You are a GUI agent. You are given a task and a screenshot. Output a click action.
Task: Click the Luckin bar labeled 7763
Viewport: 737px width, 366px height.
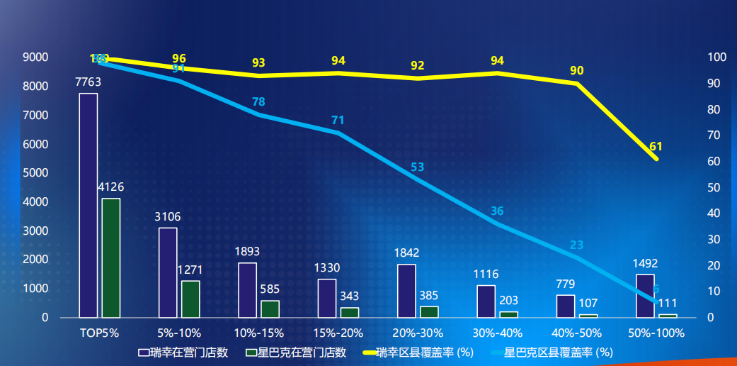click(x=88, y=206)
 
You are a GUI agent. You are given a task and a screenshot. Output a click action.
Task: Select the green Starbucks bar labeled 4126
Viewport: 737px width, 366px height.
click(x=111, y=258)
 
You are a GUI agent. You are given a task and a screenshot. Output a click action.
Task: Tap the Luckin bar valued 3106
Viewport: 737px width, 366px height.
click(x=168, y=273)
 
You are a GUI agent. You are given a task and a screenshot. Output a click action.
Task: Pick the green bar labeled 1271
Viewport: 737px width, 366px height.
click(x=190, y=299)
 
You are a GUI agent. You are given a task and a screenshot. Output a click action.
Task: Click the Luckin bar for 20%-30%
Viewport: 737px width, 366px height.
click(x=406, y=291)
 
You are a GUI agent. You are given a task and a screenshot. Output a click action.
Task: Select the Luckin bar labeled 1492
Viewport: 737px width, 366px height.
click(x=645, y=296)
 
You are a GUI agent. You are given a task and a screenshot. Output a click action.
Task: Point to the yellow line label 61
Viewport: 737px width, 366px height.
click(x=656, y=147)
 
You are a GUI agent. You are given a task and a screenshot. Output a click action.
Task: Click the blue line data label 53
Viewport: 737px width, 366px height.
click(x=418, y=167)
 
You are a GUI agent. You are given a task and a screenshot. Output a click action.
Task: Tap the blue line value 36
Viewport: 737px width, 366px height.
click(x=497, y=211)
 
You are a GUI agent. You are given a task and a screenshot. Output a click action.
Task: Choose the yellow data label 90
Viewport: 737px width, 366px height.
click(x=577, y=70)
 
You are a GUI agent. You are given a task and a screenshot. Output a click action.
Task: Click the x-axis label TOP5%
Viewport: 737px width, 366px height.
click(x=99, y=333)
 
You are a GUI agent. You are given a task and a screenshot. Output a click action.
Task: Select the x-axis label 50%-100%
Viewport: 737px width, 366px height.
click(x=656, y=333)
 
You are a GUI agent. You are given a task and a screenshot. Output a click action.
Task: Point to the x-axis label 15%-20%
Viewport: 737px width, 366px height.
click(x=338, y=333)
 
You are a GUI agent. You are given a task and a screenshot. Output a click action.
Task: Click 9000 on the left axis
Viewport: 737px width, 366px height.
click(x=35, y=57)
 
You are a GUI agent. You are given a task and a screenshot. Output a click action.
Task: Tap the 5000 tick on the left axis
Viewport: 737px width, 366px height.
click(x=35, y=173)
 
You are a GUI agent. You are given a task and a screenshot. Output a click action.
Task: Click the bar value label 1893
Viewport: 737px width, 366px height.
click(x=247, y=251)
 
